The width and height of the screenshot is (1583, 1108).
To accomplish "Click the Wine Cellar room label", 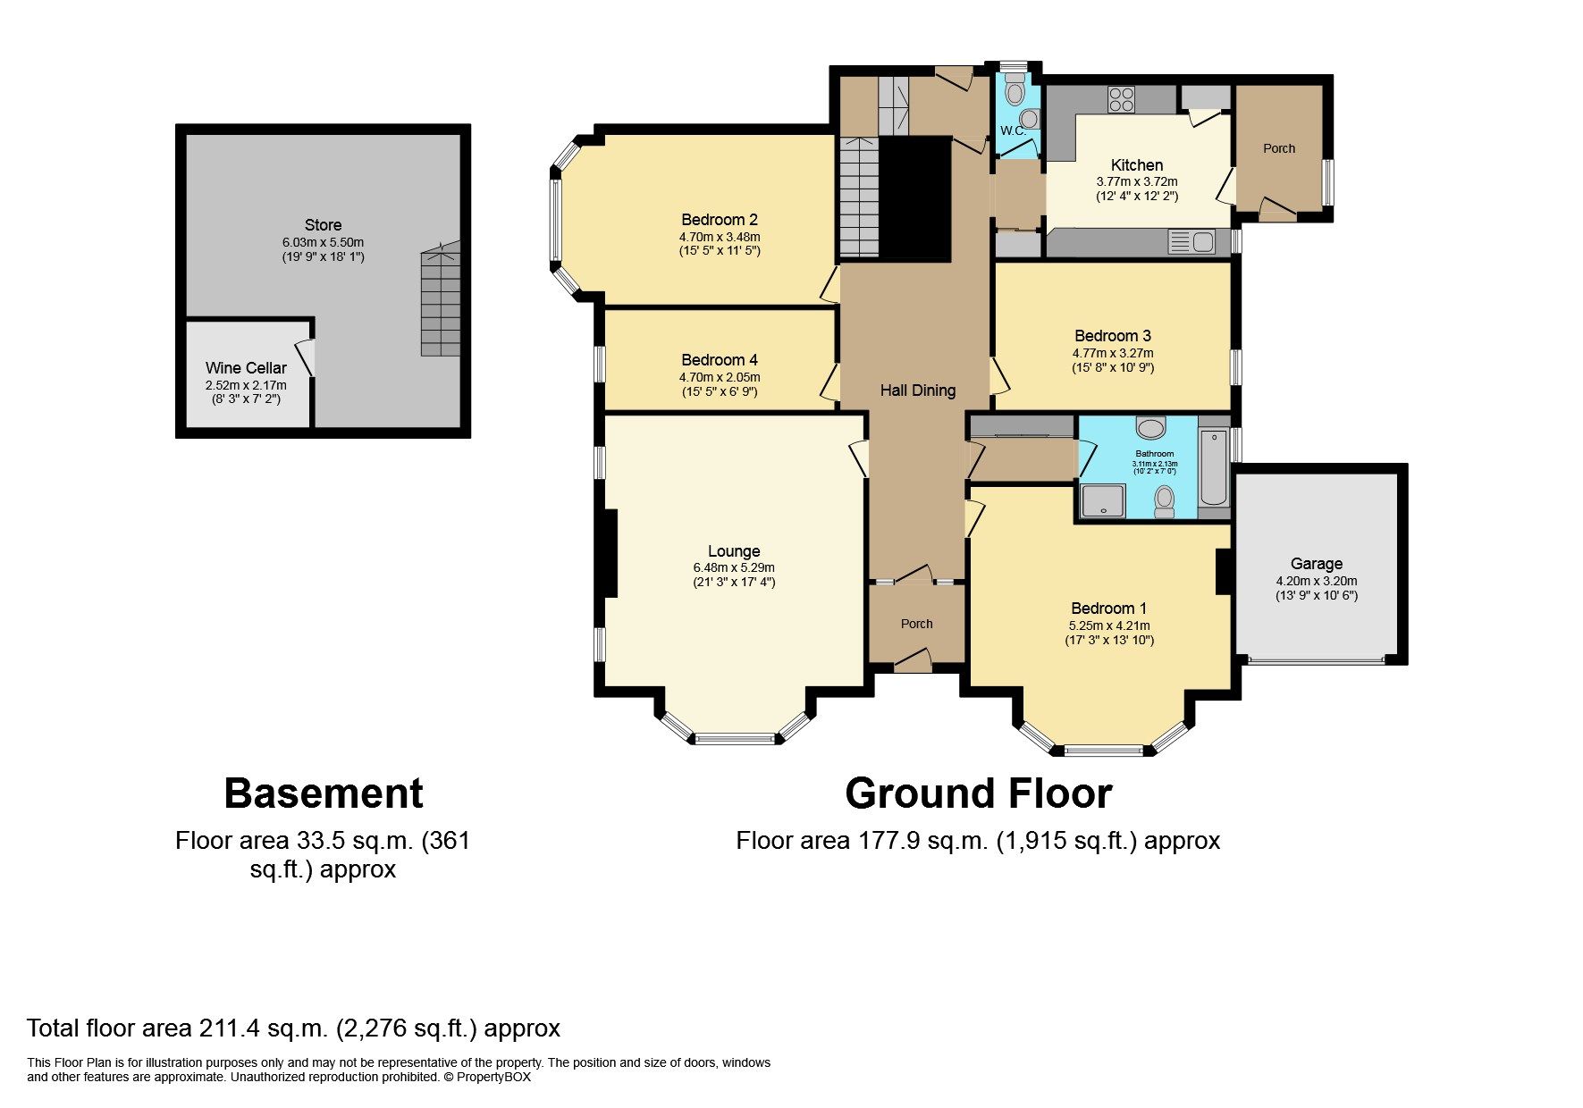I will [246, 368].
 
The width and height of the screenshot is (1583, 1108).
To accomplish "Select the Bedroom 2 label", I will [720, 220].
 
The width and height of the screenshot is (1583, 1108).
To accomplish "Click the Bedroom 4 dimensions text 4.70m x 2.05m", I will [720, 377].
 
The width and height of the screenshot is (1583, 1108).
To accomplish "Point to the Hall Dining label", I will [918, 390].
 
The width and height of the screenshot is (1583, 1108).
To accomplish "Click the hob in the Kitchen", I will [1121, 98].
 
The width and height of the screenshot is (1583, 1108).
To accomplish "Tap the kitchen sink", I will [1191, 241].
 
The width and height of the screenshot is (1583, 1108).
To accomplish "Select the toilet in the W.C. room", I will [1015, 91].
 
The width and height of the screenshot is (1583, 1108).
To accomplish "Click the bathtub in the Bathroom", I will [1214, 467].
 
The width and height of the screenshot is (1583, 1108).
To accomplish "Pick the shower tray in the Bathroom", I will [1103, 500].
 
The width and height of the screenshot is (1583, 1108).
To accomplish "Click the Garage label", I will [1316, 564].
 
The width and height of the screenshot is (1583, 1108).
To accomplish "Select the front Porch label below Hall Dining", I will [916, 624].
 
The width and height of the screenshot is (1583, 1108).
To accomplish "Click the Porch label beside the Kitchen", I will [1278, 148].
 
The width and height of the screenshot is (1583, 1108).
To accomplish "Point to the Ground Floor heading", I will [978, 793].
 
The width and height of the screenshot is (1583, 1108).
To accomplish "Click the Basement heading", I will [323, 793].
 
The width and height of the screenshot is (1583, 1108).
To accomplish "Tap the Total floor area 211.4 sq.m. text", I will [293, 1028].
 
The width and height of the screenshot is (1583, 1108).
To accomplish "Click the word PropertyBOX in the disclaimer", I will [493, 1077].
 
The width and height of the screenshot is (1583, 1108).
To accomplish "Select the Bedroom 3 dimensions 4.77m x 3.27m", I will [1113, 353].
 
